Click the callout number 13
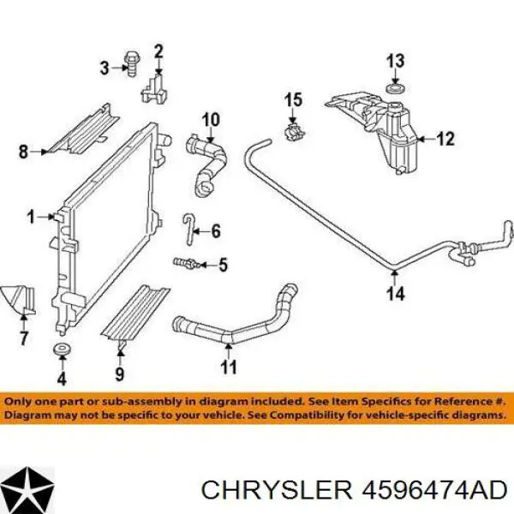(x=395, y=61)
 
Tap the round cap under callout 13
(x=396, y=88)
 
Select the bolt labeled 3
(x=131, y=64)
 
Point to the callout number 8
(x=23, y=152)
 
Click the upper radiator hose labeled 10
(x=206, y=165)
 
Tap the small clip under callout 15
(x=293, y=133)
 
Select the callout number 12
(x=445, y=139)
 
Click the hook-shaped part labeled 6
(x=189, y=228)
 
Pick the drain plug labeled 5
(x=185, y=263)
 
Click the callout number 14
(x=396, y=293)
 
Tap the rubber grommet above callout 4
(x=63, y=350)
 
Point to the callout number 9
(x=120, y=374)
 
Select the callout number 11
(x=229, y=368)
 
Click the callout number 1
(x=31, y=218)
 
